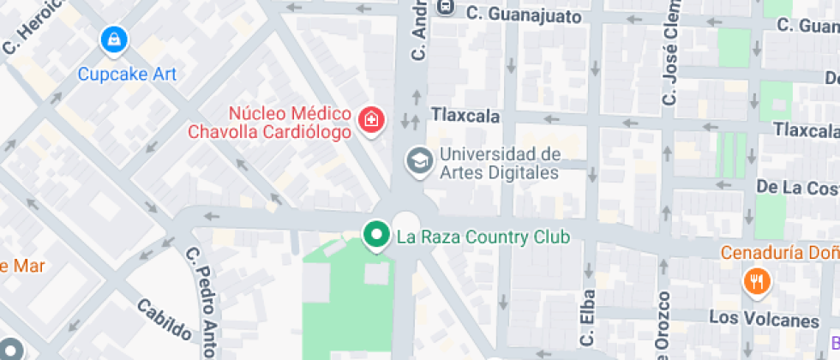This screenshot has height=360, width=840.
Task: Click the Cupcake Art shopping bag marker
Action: tap(113, 39)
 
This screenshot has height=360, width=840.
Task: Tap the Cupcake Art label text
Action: tap(127, 74)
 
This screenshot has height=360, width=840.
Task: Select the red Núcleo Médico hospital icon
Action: tap(371, 119)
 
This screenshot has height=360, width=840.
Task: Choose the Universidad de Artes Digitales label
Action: tap(499, 163)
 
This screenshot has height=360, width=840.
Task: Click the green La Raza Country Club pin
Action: tap(375, 234)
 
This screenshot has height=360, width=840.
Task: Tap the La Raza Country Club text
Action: tap(482, 236)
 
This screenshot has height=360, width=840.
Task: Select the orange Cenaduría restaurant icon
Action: tap(755, 280)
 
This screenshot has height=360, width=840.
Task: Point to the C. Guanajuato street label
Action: tap(524, 15)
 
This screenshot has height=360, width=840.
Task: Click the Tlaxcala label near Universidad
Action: tap(464, 114)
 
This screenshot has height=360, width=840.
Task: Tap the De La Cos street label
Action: tap(797, 186)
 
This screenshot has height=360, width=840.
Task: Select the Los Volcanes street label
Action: tap(764, 321)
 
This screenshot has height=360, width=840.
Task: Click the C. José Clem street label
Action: tap(669, 55)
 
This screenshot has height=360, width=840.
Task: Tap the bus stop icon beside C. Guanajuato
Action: tap(445, 7)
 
